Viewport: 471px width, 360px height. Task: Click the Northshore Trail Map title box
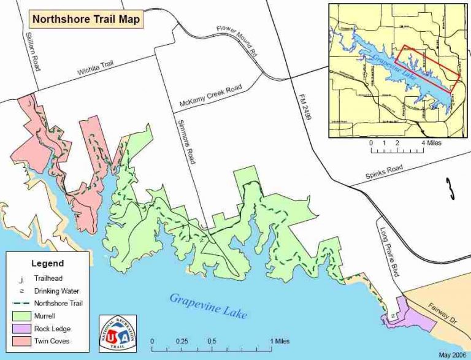click(x=86, y=19)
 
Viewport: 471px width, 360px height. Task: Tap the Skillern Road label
click(x=31, y=52)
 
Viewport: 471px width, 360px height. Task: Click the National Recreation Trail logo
click(x=118, y=334)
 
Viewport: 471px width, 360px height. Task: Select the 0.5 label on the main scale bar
click(x=211, y=342)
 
